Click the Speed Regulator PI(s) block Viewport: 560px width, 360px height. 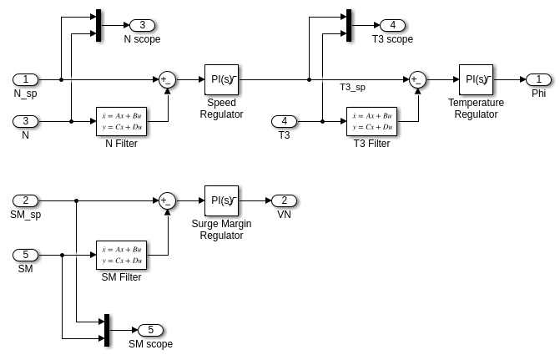[221, 79]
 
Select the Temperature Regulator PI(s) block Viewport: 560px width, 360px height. [476, 79]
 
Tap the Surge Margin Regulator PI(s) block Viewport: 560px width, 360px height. [221, 200]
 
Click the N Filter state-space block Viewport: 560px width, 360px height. [121, 121]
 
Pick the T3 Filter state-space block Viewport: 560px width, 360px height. [371, 121]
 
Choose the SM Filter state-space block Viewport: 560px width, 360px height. [121, 255]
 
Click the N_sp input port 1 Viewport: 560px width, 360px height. [25, 79]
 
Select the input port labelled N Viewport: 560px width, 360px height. [25, 121]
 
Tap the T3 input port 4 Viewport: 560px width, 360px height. [284, 121]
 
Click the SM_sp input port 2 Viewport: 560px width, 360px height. [25, 200]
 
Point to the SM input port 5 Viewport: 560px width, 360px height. [25, 255]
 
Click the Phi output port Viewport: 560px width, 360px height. [538, 79]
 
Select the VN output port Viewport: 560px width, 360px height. [284, 200]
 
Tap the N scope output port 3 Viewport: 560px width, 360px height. [142, 25]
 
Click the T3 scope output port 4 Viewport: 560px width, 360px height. [392, 25]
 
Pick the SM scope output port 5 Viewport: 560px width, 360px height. [150, 330]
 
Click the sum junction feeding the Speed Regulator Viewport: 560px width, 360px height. [167, 79]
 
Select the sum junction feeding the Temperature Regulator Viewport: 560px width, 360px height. [417, 79]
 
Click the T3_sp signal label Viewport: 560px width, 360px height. [352, 87]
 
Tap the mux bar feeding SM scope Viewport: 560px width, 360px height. [107, 330]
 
